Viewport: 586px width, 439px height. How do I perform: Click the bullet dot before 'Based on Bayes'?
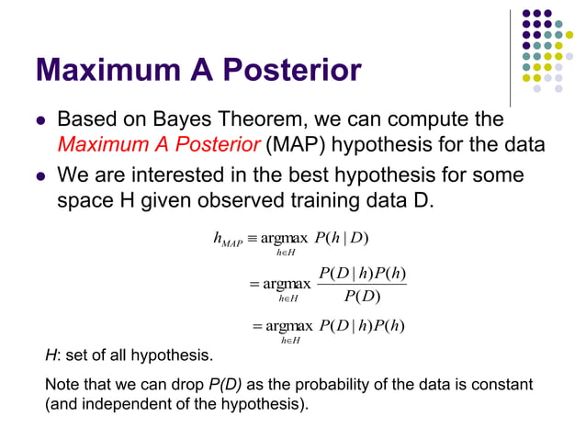39,121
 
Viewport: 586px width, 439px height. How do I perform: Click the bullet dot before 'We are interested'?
39,175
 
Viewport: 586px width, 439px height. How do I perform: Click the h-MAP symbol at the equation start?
227,241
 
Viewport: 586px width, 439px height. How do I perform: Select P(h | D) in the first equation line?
341,240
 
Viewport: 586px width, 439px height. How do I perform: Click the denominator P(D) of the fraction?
362,295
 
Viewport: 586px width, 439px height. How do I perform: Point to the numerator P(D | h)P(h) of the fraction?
362,273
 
